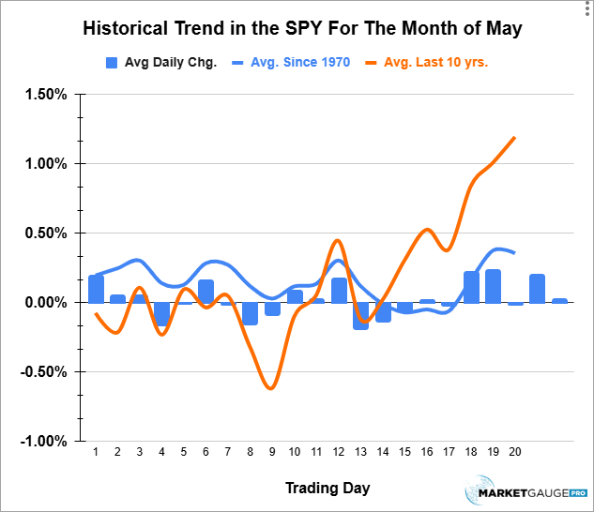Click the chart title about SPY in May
click(x=301, y=28)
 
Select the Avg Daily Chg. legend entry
click(x=161, y=63)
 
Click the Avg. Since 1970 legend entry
click(x=291, y=63)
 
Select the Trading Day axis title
click(x=327, y=488)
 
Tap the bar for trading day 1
click(x=96, y=289)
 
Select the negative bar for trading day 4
click(x=162, y=314)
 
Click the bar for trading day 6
click(x=206, y=291)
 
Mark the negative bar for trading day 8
click(x=251, y=313)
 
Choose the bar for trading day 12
click(x=339, y=291)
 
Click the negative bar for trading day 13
click(x=361, y=315)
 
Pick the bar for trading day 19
click(x=494, y=286)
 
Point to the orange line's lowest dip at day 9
click(x=271, y=388)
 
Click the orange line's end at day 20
click(x=515, y=138)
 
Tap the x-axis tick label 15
click(x=405, y=452)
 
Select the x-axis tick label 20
click(x=515, y=452)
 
